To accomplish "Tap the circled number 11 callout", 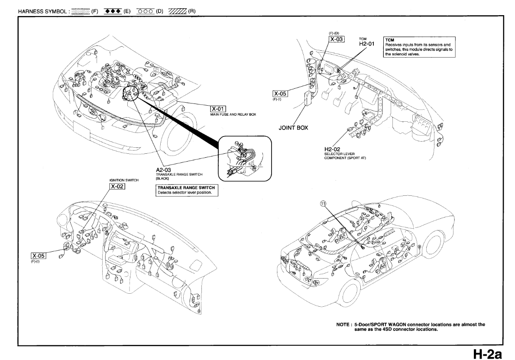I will tap(322, 203).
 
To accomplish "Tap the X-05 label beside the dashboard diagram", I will tap(38, 256).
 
